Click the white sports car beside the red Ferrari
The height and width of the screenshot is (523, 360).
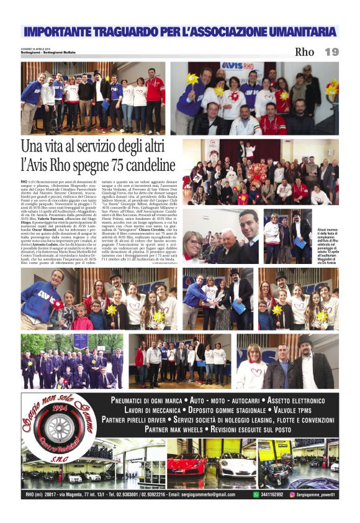236,465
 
